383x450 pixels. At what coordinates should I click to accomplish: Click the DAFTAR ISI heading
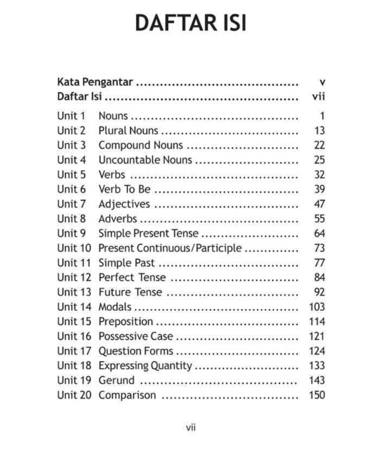point(191,24)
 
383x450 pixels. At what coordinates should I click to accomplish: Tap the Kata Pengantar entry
point(95,83)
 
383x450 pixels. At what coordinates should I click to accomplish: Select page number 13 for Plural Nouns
point(319,131)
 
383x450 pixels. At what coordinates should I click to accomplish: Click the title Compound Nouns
point(140,146)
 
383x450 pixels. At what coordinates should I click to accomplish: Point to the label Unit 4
point(71,160)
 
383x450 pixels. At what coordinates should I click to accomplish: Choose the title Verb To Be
point(124,190)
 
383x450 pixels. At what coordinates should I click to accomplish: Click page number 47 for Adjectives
point(319,204)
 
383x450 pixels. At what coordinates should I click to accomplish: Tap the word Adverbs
point(117,219)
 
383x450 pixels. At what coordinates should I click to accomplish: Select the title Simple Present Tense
point(148,234)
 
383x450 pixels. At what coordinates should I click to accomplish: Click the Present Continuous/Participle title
point(169,248)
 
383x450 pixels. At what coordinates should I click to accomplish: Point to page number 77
point(319,263)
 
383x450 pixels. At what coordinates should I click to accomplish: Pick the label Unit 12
point(74,278)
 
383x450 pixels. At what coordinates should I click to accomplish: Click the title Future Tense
point(130,292)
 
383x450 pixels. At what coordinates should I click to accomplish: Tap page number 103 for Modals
point(317,307)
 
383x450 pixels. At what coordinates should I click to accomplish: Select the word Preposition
point(125,322)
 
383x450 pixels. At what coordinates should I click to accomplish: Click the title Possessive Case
point(135,336)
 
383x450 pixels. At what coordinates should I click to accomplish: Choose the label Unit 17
point(74,351)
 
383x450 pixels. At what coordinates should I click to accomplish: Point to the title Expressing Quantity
point(145,366)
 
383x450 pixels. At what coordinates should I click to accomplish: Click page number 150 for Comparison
point(317,395)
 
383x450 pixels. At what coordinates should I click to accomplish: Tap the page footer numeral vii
point(191,428)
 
